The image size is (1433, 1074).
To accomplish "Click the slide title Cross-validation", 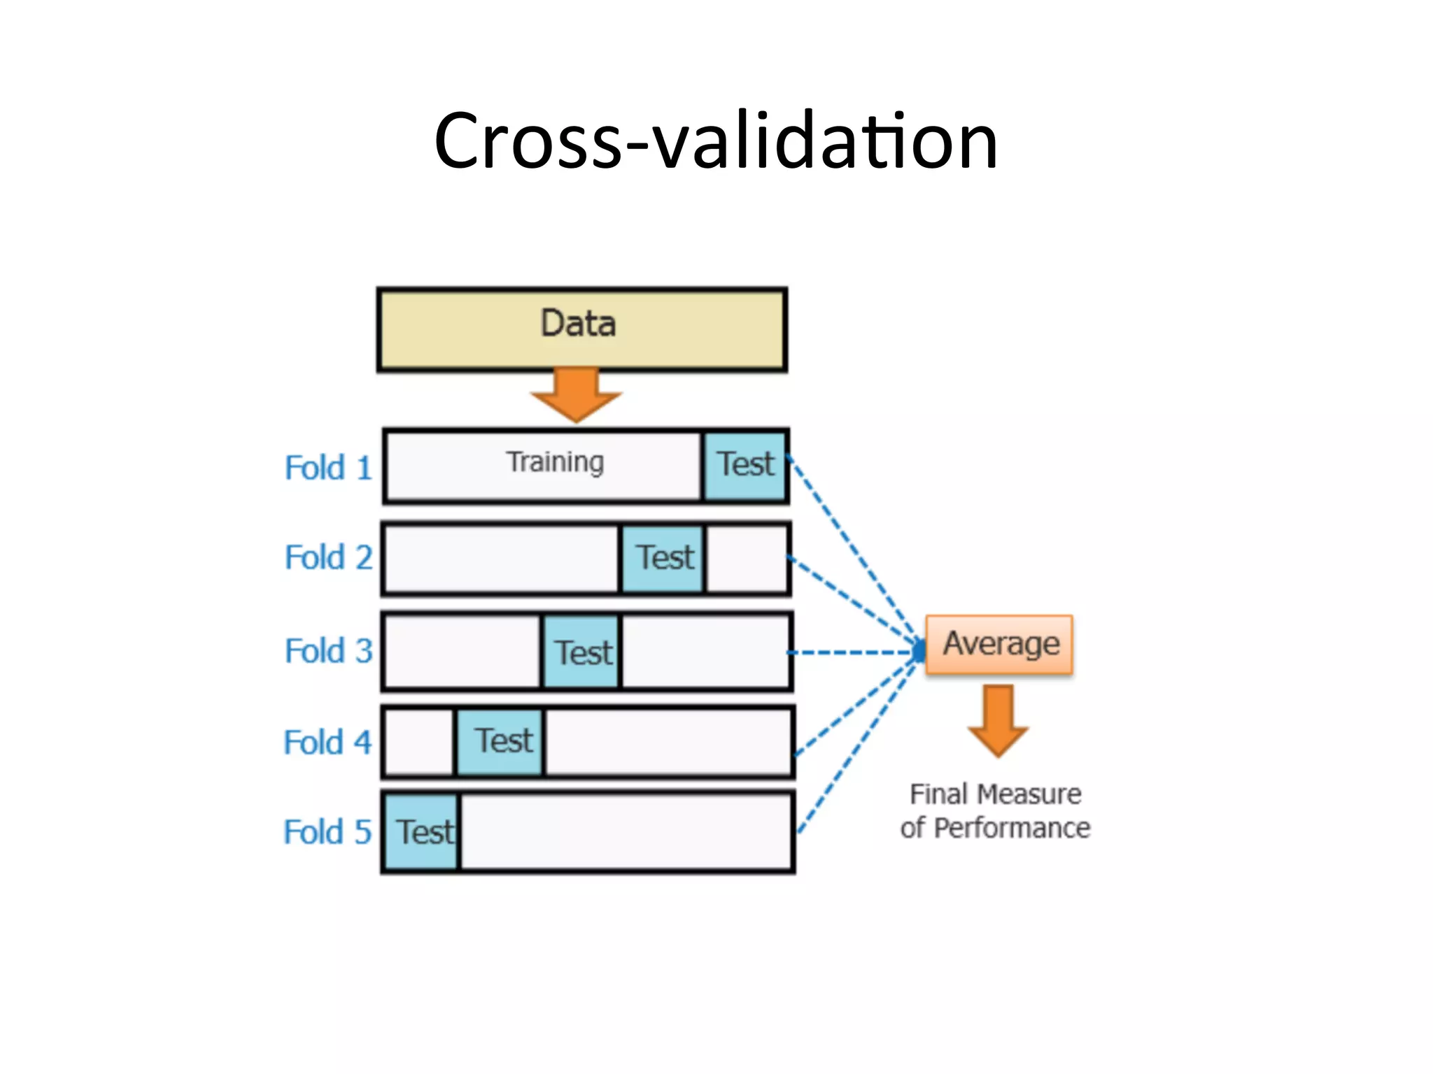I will (715, 141).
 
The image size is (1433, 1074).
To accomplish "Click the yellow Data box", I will (581, 329).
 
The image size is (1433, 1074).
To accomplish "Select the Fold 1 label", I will (328, 468).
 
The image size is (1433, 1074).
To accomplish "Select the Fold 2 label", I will (328, 558).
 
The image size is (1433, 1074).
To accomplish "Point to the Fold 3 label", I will (328, 651).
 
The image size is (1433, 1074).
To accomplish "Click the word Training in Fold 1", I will (555, 463).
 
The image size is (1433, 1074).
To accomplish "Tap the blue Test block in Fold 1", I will (745, 466).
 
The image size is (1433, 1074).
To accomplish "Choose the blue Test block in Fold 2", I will (663, 559).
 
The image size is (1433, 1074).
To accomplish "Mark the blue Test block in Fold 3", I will (581, 652).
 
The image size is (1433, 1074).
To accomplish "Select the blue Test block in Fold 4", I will (500, 741).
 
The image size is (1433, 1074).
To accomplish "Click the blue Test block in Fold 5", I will (421, 832).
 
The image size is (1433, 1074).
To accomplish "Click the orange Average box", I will (999, 645).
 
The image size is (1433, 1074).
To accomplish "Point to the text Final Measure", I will (995, 794).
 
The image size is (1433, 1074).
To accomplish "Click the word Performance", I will (1012, 829).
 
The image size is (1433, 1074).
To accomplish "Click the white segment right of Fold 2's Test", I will (747, 559).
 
